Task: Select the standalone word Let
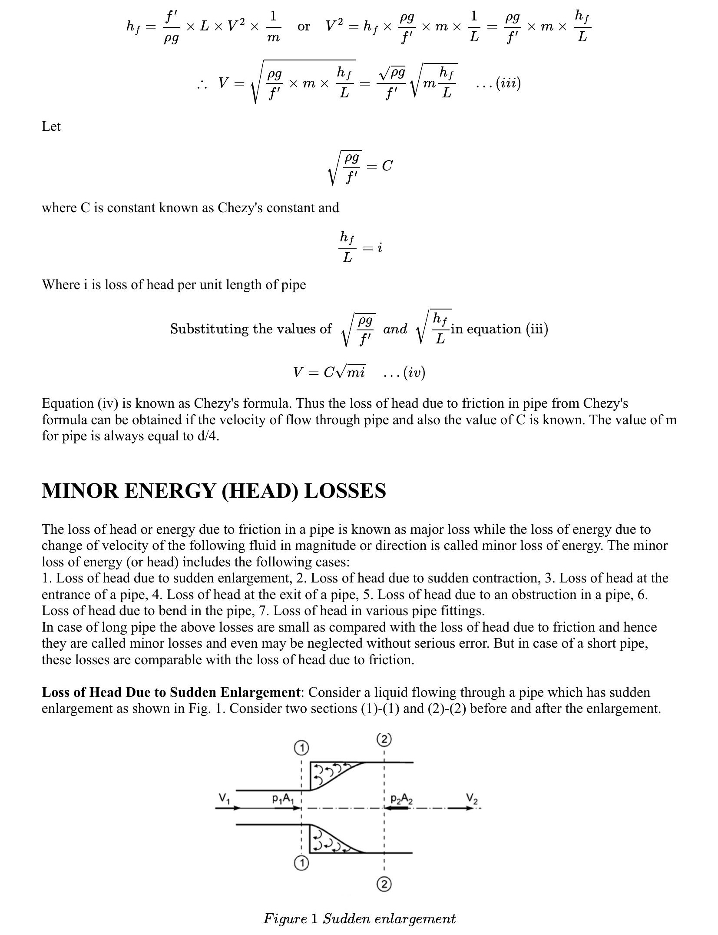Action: [51, 126]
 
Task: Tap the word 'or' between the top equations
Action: [304, 27]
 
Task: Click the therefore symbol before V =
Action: [201, 84]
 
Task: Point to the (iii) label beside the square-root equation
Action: [508, 83]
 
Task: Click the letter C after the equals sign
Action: [387, 166]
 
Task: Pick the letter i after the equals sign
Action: [380, 248]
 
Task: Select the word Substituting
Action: [207, 329]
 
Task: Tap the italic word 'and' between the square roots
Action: [395, 329]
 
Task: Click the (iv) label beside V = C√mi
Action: [414, 373]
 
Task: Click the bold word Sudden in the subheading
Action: [193, 692]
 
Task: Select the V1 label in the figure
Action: [224, 798]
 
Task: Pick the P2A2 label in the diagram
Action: [401, 799]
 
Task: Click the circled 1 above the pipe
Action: [301, 748]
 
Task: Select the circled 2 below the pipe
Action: [384, 884]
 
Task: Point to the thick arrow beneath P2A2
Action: [397, 808]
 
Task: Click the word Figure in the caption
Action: [285, 918]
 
